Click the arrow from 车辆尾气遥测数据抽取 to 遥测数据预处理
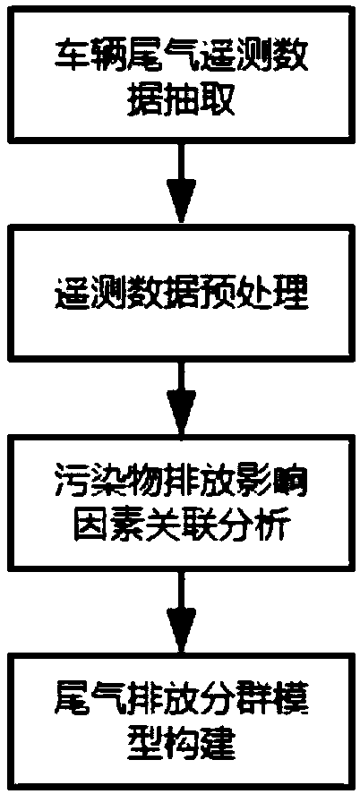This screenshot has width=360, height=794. (x=181, y=183)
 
